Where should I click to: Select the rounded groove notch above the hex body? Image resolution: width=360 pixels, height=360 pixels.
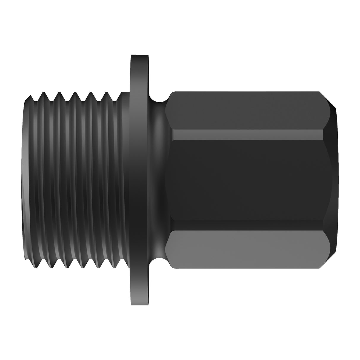(x=159, y=97)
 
